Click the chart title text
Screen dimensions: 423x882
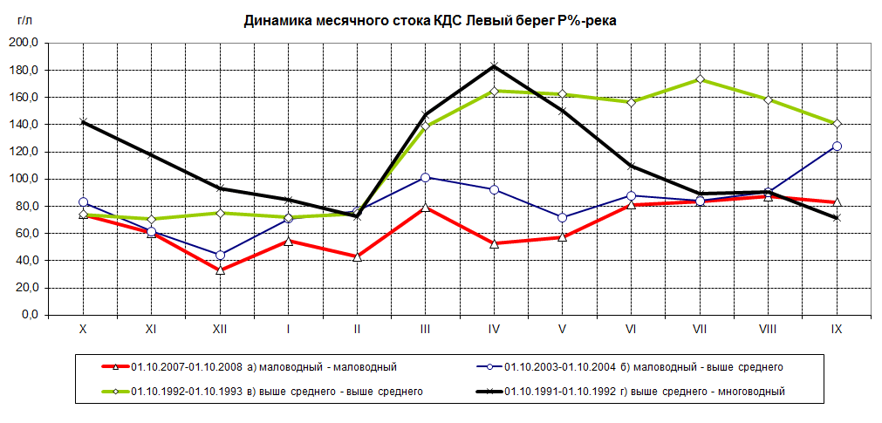tap(430, 21)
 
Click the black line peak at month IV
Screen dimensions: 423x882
tap(494, 66)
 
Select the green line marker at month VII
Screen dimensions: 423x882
tap(700, 79)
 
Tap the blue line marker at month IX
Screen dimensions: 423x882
tap(837, 146)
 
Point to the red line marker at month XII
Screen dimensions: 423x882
tap(220, 270)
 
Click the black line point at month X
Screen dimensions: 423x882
tap(83, 122)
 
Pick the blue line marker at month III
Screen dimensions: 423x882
tap(426, 177)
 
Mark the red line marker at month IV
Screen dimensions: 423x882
tap(494, 243)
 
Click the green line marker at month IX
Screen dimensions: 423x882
tap(837, 124)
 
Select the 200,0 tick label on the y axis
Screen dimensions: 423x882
tap(24, 43)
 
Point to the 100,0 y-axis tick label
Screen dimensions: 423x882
tap(24, 179)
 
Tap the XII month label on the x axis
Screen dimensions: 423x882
tap(220, 330)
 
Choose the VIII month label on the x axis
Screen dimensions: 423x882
tap(768, 330)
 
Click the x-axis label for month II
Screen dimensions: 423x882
tap(357, 330)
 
